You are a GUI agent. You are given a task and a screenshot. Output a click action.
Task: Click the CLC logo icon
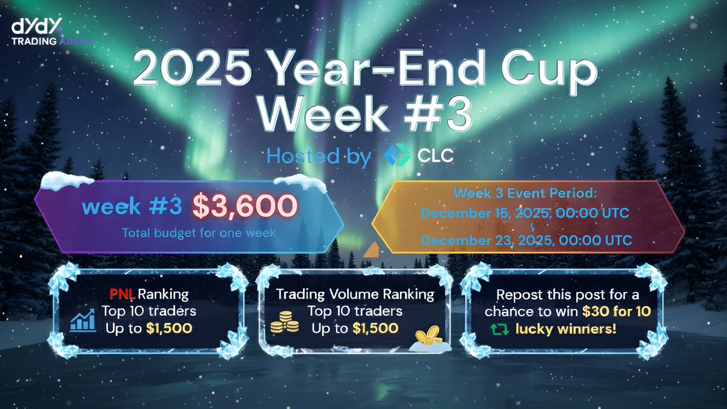[x=397, y=156]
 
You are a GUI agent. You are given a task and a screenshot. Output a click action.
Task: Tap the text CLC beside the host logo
[x=435, y=156]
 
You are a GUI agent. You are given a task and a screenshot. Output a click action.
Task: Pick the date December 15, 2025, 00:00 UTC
[x=526, y=213]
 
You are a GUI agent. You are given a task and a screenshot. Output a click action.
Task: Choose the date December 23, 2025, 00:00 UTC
[x=526, y=240]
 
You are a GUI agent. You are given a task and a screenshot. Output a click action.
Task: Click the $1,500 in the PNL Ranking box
[x=169, y=329]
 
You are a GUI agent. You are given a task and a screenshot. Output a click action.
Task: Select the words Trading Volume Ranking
[x=355, y=295]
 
